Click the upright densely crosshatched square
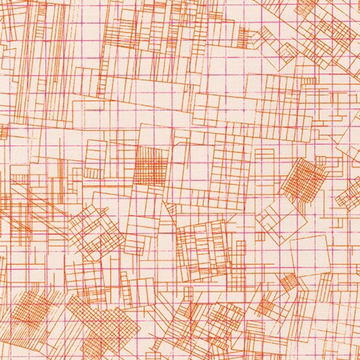click(x=151, y=163)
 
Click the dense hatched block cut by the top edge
click(x=125, y=17)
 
